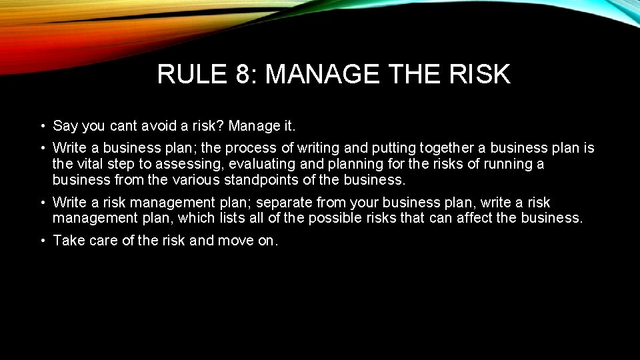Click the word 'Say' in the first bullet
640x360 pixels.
pos(65,126)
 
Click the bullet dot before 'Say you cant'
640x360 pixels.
pos(41,126)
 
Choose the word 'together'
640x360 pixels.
pos(438,148)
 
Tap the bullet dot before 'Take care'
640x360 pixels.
pos(41,241)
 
